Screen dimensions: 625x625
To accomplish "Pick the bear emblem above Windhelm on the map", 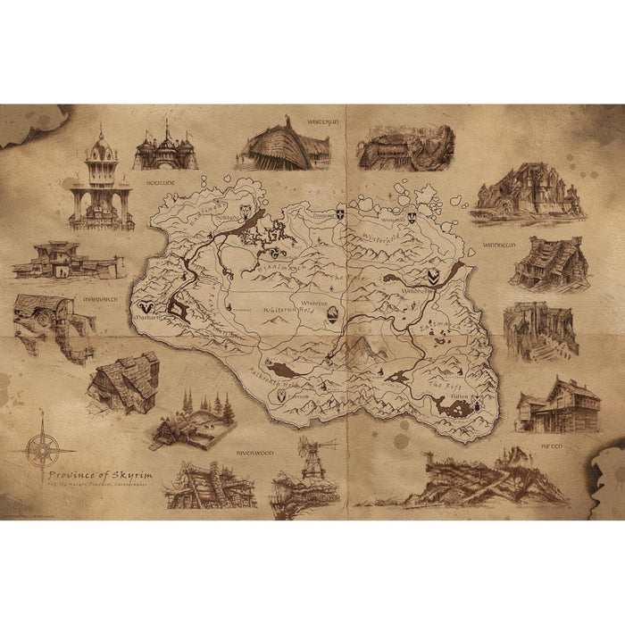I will (x=432, y=278).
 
